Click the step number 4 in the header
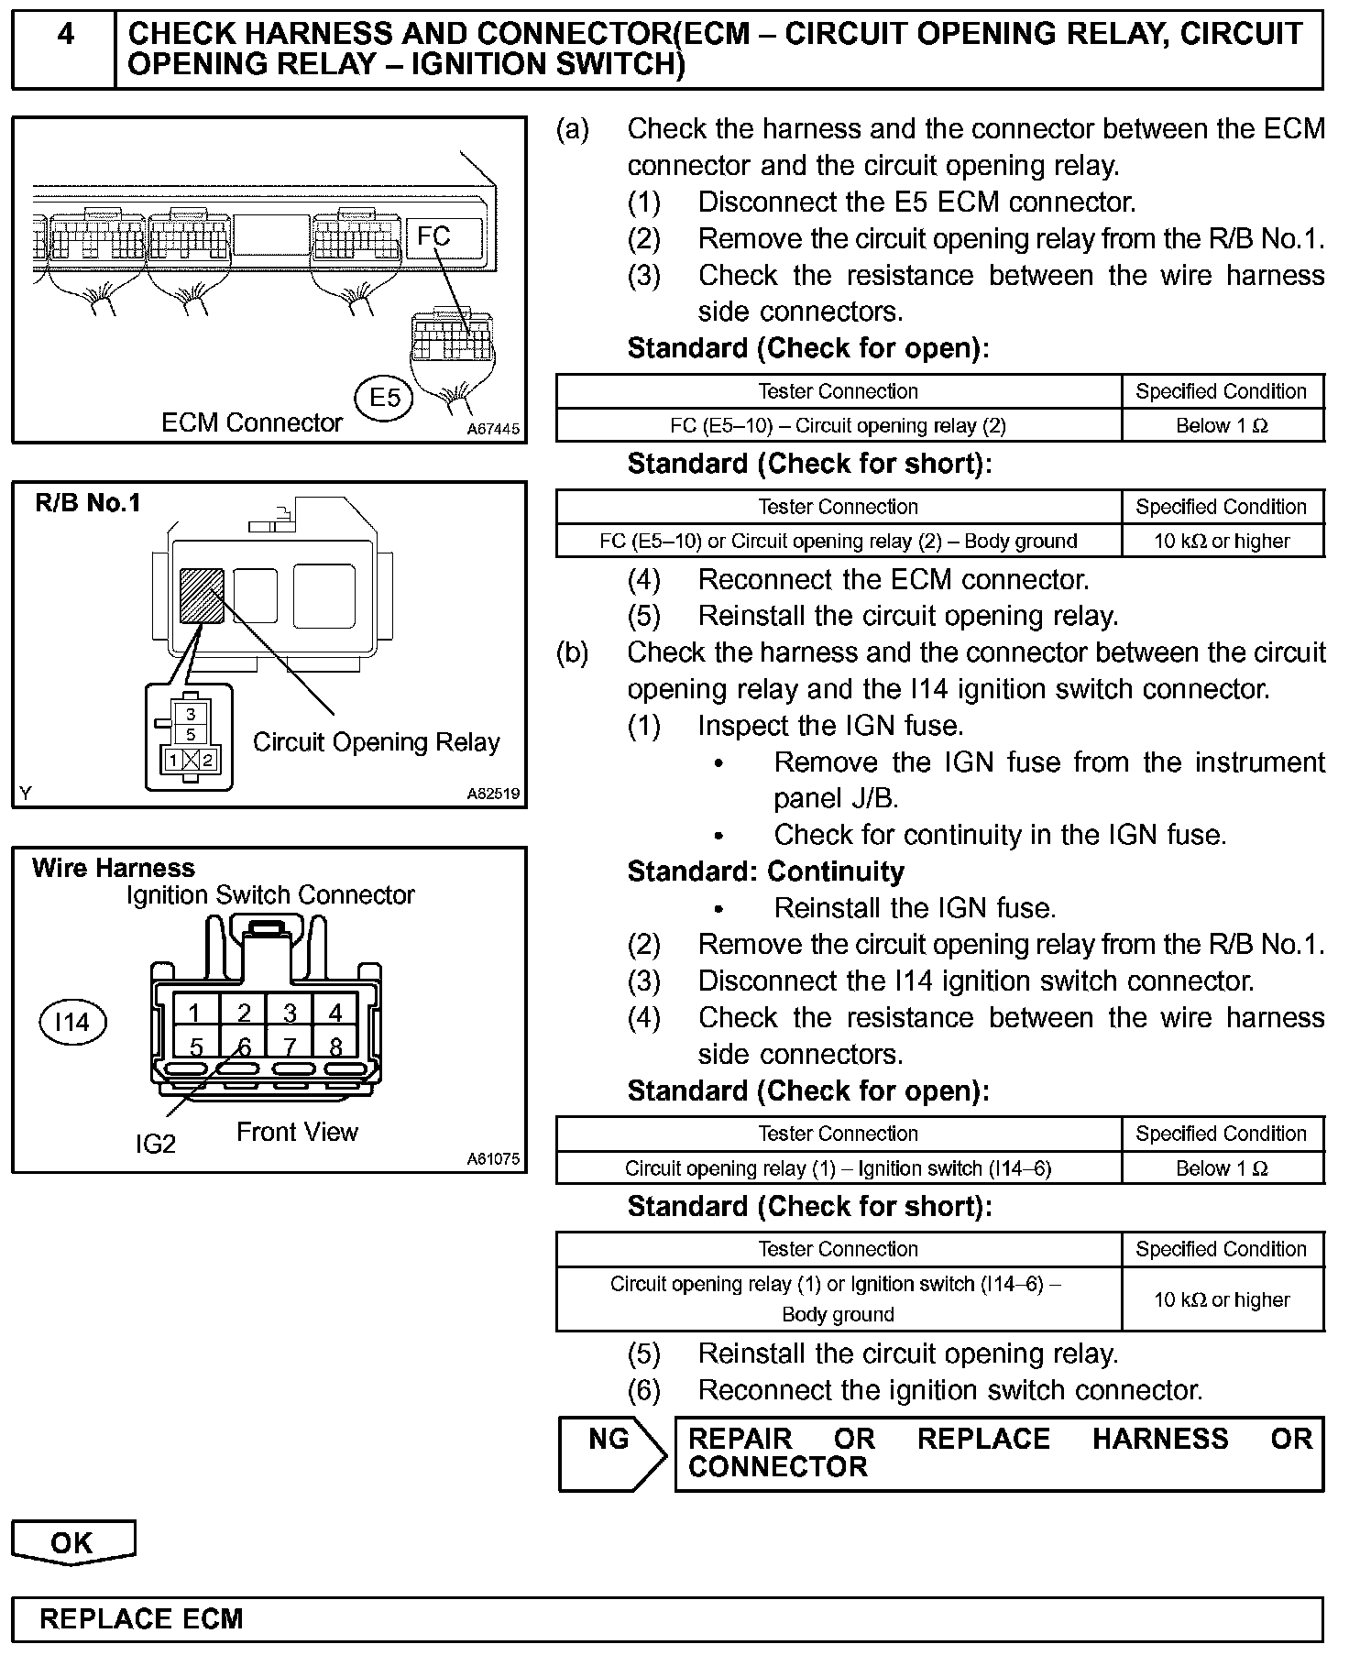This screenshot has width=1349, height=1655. click(65, 35)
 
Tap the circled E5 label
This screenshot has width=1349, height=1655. click(385, 399)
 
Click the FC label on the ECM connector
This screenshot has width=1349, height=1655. click(433, 236)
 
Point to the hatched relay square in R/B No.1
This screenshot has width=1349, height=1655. click(202, 596)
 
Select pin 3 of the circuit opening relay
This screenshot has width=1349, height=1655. click(191, 714)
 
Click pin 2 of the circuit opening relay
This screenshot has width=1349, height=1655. click(208, 760)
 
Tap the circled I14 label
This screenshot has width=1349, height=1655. click(72, 1022)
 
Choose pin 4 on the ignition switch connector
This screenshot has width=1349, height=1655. click(335, 1013)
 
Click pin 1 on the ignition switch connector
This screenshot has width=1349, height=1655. click(195, 1013)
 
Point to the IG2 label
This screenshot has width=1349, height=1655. click(155, 1144)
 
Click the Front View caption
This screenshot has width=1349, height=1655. click(297, 1133)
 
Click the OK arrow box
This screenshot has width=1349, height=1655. click(72, 1543)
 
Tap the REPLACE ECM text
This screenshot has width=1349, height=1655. click(141, 1619)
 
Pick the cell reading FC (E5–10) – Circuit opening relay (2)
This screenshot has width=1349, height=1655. click(838, 425)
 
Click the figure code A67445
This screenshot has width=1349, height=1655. click(493, 429)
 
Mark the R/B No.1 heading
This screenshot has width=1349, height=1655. click(88, 503)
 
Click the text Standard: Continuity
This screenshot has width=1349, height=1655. click(765, 871)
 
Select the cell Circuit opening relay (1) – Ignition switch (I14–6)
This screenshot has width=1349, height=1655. click(838, 1168)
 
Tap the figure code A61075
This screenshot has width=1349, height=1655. click(493, 1159)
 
